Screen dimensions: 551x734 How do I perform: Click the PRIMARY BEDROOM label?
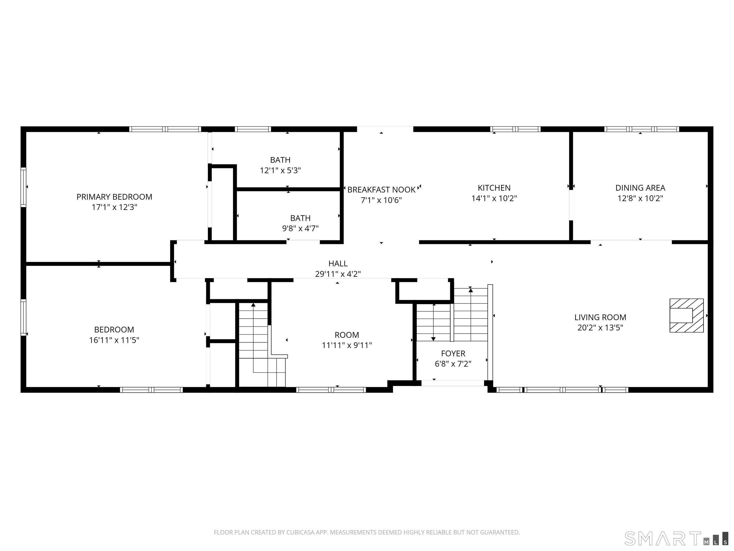click(114, 197)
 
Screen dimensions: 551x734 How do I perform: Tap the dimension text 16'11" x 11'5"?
click(114, 340)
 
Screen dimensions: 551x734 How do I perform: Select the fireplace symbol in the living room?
click(686, 315)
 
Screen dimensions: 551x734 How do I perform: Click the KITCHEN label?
click(494, 188)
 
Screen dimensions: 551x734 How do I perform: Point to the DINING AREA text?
click(640, 188)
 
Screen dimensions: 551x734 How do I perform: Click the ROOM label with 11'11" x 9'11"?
click(346, 335)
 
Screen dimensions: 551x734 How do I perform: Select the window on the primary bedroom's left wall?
click(23, 187)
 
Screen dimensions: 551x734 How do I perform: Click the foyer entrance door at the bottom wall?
click(453, 383)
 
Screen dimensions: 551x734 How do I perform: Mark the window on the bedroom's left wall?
click(23, 317)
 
